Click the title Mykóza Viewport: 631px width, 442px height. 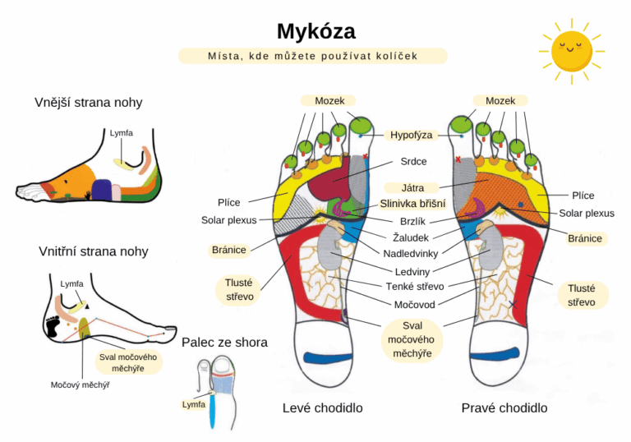[315, 31]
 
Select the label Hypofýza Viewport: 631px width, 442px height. [412, 135]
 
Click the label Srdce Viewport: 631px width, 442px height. [413, 161]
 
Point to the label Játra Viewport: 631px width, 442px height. [413, 188]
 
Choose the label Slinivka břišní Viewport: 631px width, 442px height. [412, 204]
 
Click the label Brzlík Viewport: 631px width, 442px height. [413, 220]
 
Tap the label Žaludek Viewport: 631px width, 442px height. [410, 237]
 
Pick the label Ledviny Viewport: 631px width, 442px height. [412, 270]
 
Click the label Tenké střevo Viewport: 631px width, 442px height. [414, 286]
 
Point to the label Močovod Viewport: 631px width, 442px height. [413, 303]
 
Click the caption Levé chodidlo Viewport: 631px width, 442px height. [322, 407]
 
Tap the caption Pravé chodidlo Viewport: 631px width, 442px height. [504, 407]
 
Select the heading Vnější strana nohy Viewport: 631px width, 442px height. [89, 103]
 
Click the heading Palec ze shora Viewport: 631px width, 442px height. [224, 342]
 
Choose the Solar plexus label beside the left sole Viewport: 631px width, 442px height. [229, 220]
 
